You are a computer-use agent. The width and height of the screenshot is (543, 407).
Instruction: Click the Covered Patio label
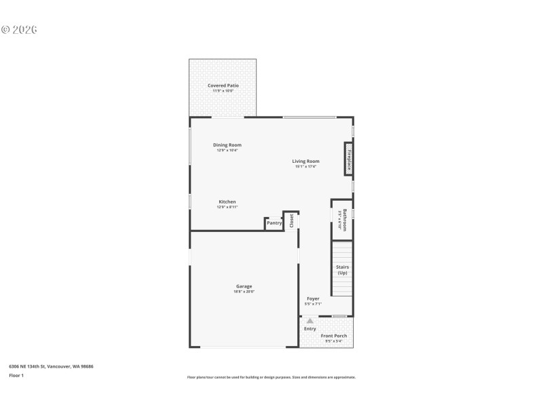point(223,85)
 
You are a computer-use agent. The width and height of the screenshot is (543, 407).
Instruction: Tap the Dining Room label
point(227,144)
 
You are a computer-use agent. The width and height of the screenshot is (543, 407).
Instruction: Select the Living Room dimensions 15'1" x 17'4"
point(306,167)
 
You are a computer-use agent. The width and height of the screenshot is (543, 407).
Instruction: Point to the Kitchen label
point(227,201)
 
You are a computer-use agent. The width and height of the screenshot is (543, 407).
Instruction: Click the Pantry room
point(274,223)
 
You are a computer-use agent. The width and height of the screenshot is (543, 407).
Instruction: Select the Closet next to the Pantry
point(292,220)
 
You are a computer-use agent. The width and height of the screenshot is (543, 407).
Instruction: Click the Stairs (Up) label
point(342,270)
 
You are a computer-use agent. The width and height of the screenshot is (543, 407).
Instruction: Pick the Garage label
point(244,286)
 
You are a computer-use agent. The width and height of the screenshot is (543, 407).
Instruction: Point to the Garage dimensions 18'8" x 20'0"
point(244,292)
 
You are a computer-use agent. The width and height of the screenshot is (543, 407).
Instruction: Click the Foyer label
point(313,298)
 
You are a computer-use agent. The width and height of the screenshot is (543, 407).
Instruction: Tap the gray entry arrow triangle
point(310,321)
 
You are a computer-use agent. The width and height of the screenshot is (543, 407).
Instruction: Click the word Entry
point(310,329)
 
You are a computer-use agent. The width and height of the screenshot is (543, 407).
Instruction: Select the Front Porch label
point(334,336)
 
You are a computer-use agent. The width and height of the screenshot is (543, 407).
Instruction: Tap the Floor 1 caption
point(16,375)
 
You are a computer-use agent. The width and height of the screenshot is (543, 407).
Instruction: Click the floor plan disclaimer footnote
point(271,377)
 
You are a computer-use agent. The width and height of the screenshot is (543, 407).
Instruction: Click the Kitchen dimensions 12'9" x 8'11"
point(227,207)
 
